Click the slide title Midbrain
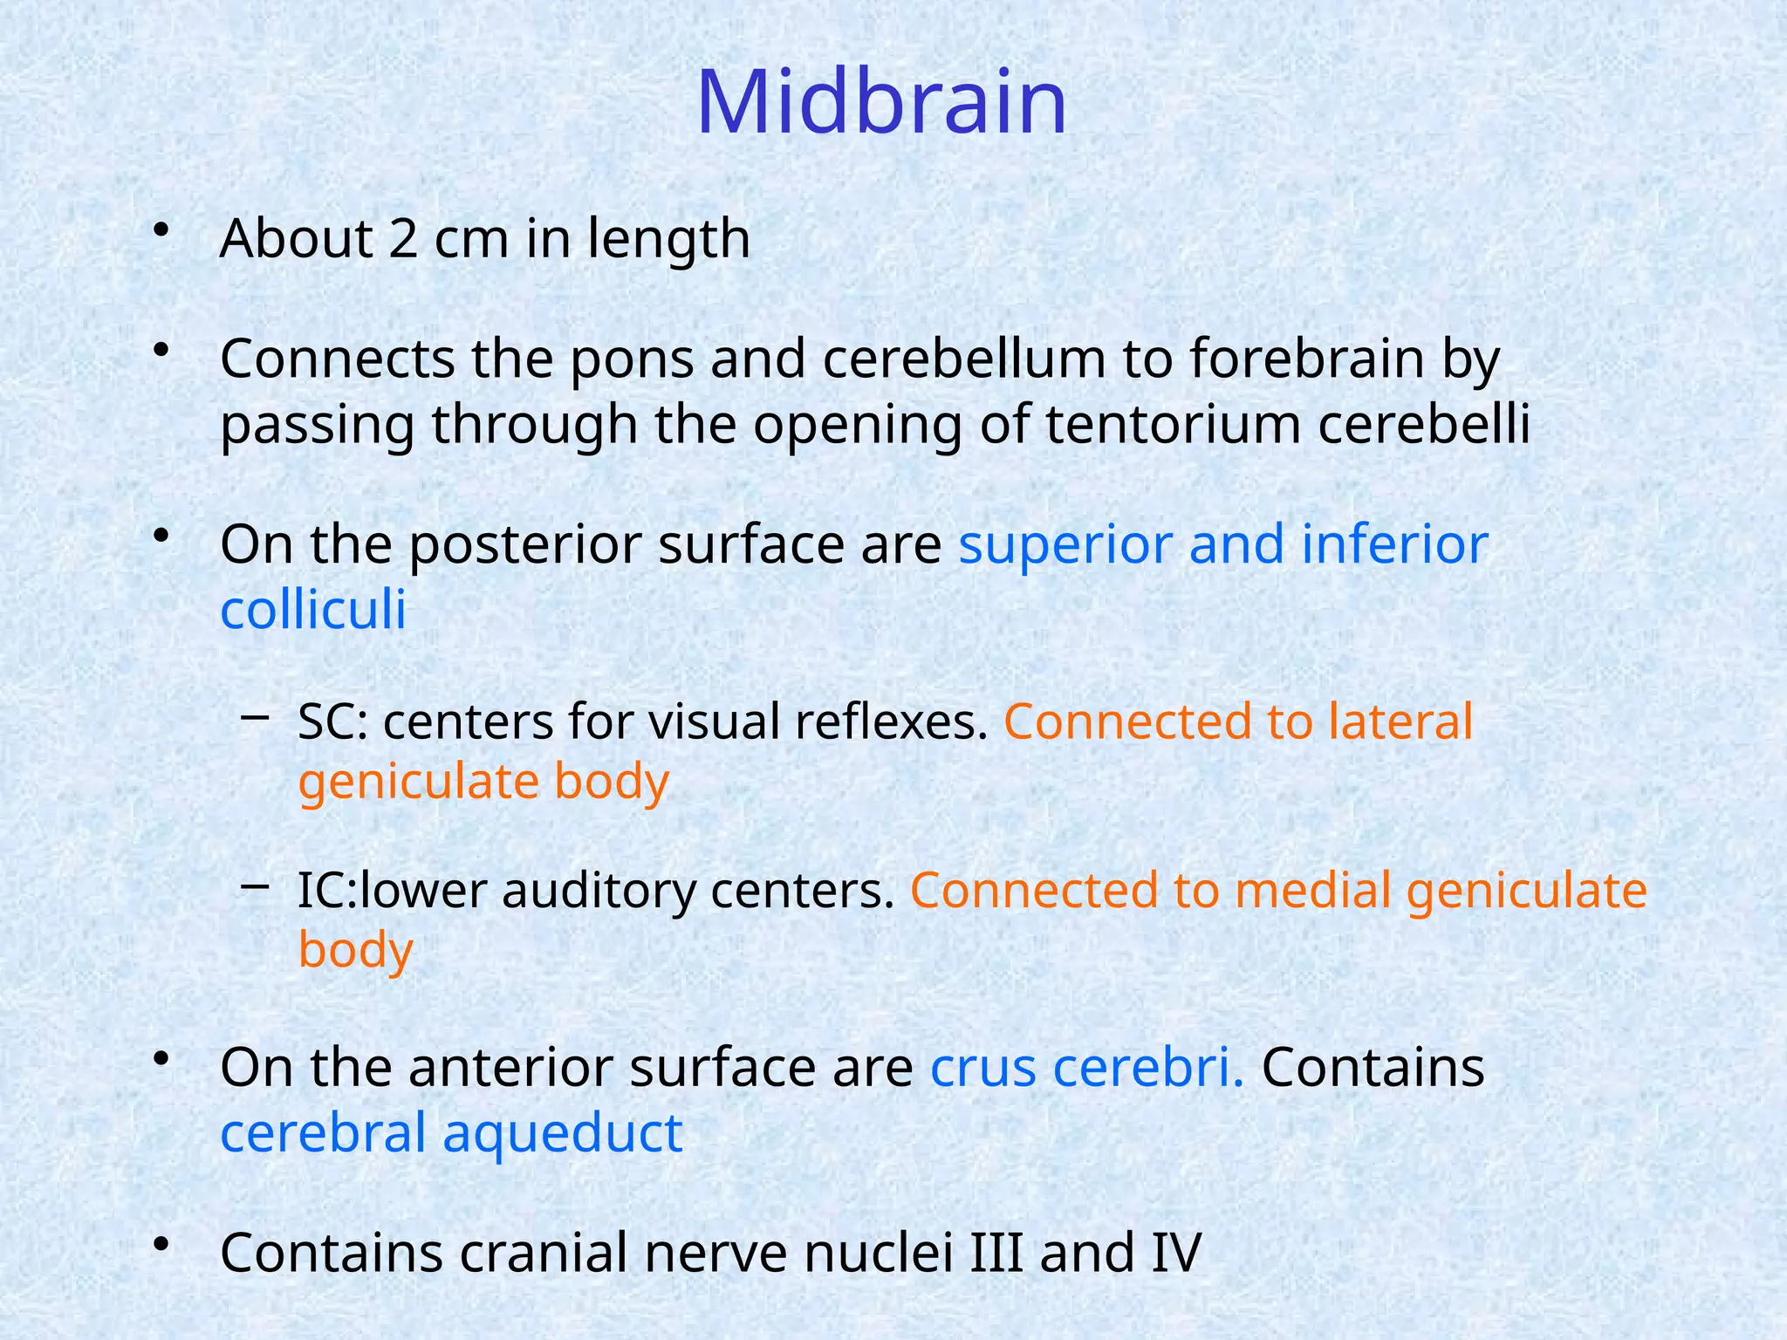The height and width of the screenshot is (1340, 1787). [881, 103]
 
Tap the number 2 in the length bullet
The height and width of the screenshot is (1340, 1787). [402, 238]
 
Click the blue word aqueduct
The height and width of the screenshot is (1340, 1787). [562, 1133]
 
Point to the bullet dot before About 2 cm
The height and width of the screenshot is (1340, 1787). [160, 230]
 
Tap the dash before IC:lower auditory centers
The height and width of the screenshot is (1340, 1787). [254, 886]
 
